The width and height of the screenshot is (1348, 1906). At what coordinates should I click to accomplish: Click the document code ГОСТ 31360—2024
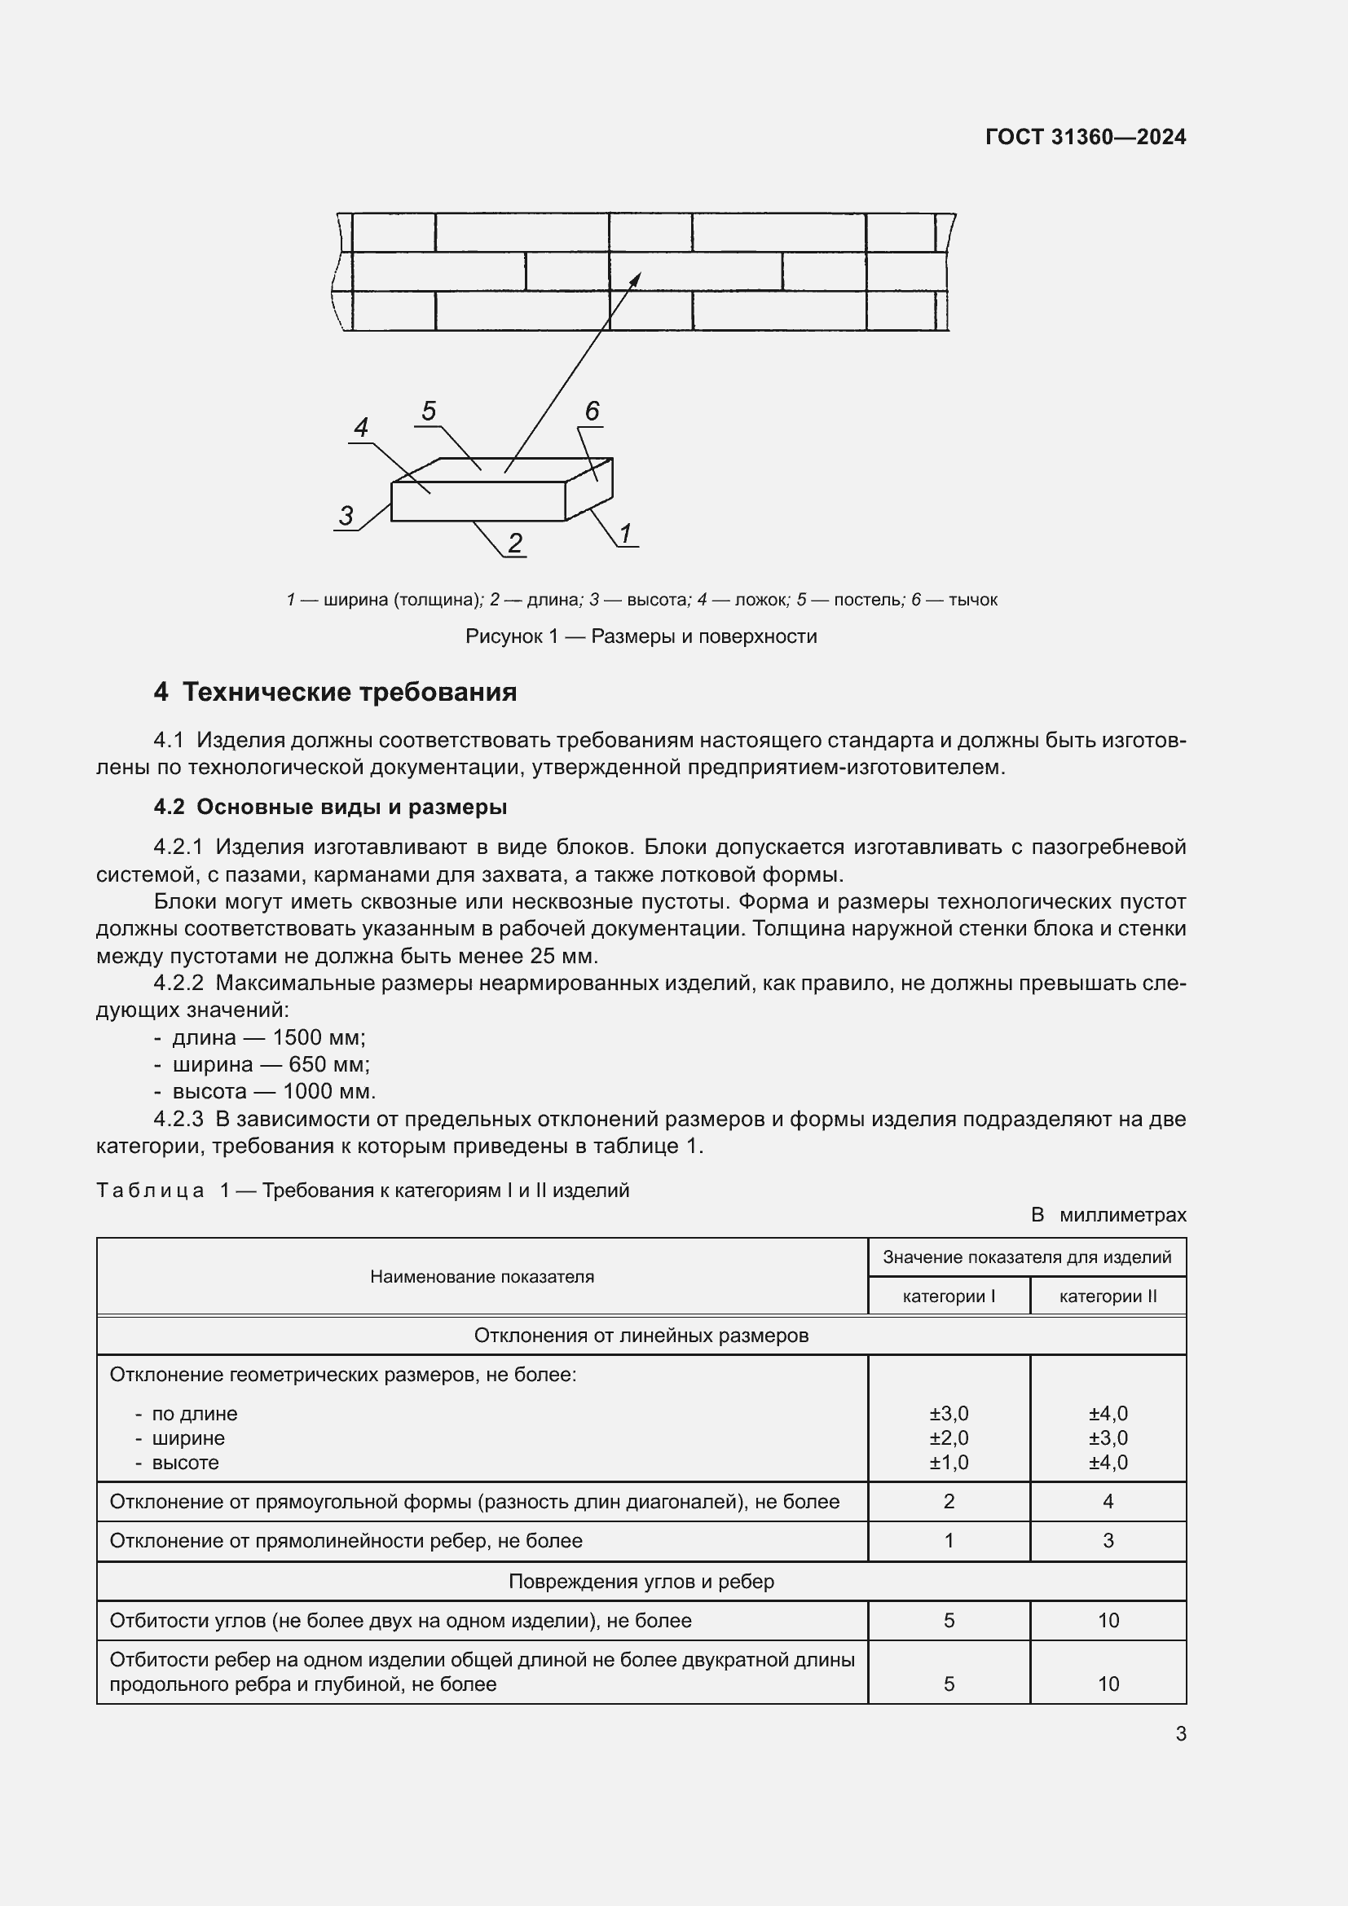point(1085,137)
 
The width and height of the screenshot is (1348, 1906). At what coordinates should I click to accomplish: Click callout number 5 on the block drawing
point(429,411)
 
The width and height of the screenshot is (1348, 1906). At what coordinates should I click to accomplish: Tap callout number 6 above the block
point(592,411)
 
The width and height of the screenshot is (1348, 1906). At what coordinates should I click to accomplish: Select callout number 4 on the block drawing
point(361,428)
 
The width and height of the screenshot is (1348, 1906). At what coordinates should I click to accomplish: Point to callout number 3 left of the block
point(346,516)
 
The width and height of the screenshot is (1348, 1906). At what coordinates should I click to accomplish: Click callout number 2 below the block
point(514,543)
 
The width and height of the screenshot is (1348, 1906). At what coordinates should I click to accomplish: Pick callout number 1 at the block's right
point(626,533)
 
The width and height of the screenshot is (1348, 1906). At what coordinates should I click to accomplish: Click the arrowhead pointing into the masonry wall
point(637,277)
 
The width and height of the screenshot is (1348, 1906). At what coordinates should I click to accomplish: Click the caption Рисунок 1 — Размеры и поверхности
point(641,636)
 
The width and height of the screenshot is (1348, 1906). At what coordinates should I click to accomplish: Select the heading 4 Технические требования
point(335,692)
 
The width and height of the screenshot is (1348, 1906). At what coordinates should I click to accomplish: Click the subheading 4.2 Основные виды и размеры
point(330,807)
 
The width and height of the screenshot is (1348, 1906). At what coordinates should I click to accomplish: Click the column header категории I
point(948,1296)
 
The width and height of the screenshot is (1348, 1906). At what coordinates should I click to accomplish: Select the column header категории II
point(1108,1296)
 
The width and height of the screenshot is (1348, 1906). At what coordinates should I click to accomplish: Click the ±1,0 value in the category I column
point(948,1463)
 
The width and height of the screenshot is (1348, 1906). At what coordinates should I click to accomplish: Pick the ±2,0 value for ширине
point(948,1437)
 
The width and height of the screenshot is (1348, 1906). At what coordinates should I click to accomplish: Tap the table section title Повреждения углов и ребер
point(641,1582)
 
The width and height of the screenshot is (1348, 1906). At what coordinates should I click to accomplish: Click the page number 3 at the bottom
point(1180,1734)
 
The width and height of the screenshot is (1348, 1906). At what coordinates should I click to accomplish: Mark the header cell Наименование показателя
point(482,1277)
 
